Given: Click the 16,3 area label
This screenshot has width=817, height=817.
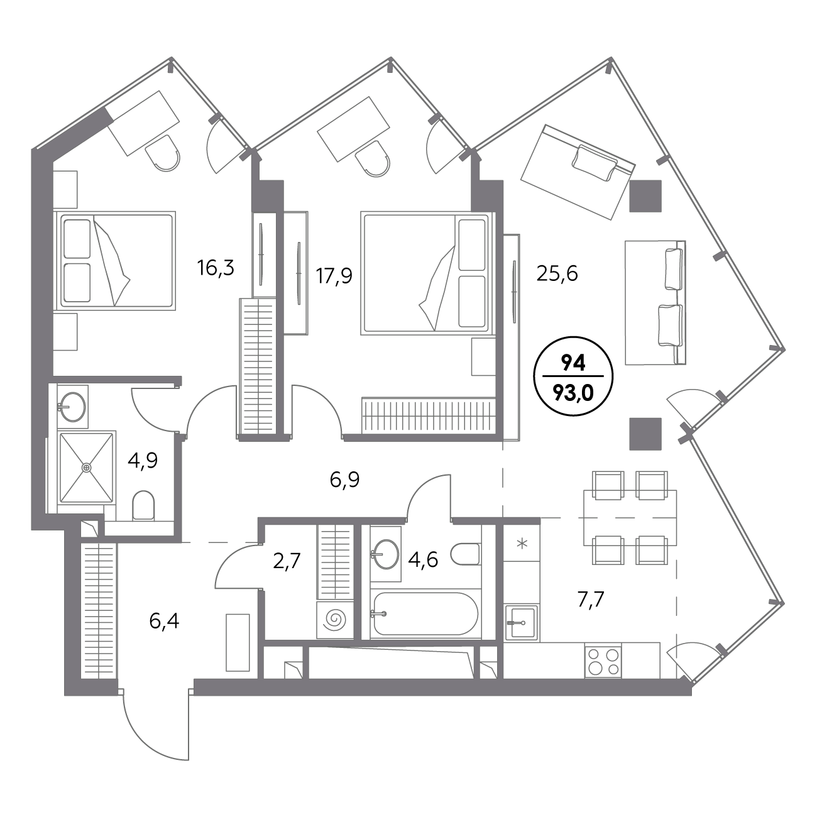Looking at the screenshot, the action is pyautogui.click(x=216, y=268).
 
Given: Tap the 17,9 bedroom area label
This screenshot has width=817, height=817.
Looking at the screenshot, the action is pyautogui.click(x=334, y=277).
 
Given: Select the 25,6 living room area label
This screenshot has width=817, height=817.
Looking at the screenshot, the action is pyautogui.click(x=557, y=274).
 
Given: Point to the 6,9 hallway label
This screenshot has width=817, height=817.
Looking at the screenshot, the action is pyautogui.click(x=344, y=480).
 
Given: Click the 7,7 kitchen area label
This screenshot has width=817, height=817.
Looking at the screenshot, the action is pyautogui.click(x=591, y=600).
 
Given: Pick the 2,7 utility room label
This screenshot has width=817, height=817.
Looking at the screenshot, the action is pyautogui.click(x=287, y=561).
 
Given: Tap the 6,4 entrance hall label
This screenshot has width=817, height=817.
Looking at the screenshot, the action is pyautogui.click(x=164, y=622).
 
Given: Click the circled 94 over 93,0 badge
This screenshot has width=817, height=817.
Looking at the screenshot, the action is pyautogui.click(x=573, y=376).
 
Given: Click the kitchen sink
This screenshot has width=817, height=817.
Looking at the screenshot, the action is pyautogui.click(x=522, y=622).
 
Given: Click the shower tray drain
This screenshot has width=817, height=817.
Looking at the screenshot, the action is pyautogui.click(x=87, y=467).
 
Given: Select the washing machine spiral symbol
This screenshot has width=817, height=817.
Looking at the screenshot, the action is pyautogui.click(x=335, y=620).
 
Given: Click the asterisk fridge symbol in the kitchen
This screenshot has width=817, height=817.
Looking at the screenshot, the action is pyautogui.click(x=522, y=543).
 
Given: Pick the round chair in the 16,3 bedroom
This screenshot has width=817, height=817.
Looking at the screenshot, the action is pyautogui.click(x=162, y=153).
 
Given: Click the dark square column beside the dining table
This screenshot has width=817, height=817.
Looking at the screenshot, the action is pyautogui.click(x=645, y=434).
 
